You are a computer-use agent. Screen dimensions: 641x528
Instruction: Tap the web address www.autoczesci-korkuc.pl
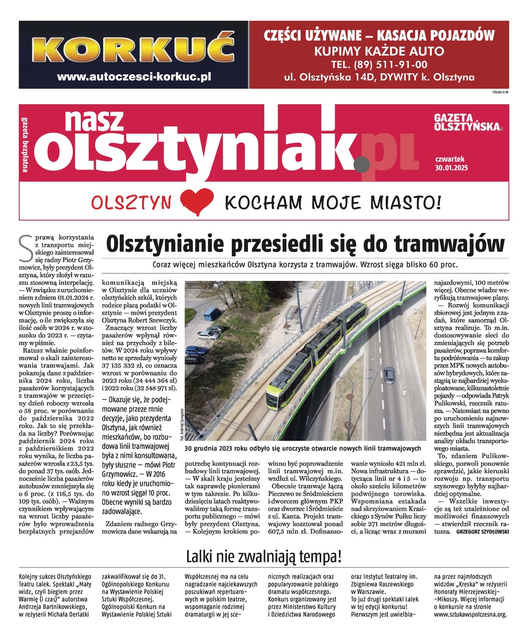pos(134,77)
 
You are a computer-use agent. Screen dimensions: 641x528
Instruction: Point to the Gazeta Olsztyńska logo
pos(468,122)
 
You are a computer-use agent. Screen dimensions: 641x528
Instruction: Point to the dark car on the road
pos(389,374)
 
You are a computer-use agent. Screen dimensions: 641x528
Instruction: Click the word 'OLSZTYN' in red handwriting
pos(131,203)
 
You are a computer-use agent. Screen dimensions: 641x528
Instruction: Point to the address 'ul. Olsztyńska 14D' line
pos(379,77)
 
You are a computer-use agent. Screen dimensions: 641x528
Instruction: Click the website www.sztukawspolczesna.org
pos(470,614)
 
